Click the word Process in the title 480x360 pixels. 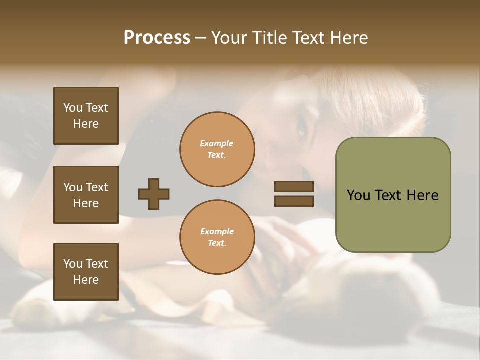coord(157,38)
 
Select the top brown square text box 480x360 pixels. coord(86,116)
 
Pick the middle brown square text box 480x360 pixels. coord(86,195)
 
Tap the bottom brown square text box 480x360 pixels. coord(86,272)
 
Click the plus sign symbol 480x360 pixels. coord(154,194)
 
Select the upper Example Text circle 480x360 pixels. coord(217,149)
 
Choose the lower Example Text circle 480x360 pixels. coord(217,237)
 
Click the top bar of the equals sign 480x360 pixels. coord(294,186)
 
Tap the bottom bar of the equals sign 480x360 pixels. coord(294,201)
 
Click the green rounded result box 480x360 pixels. coord(393,195)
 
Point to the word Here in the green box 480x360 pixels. coord(422,195)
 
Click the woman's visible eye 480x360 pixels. coord(302,131)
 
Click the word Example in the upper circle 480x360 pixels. coord(216,143)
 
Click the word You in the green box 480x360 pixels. coord(358,195)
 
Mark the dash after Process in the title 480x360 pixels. coord(201,38)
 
